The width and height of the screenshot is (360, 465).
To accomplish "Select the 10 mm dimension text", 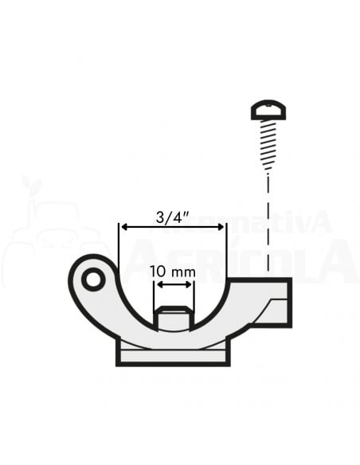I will [174, 272].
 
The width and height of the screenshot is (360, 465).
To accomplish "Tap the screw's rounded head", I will [268, 109].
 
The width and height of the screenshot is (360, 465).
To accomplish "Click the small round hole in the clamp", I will [93, 279].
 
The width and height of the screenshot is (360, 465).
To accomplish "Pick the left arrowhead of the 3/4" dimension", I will [123, 227].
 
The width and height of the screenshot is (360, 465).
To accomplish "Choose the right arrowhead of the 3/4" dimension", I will [222, 227].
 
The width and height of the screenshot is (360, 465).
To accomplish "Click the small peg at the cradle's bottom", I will [174, 317].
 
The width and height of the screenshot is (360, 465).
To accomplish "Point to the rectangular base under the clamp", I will [174, 354].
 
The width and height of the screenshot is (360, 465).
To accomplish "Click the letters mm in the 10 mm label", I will [184, 272].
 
